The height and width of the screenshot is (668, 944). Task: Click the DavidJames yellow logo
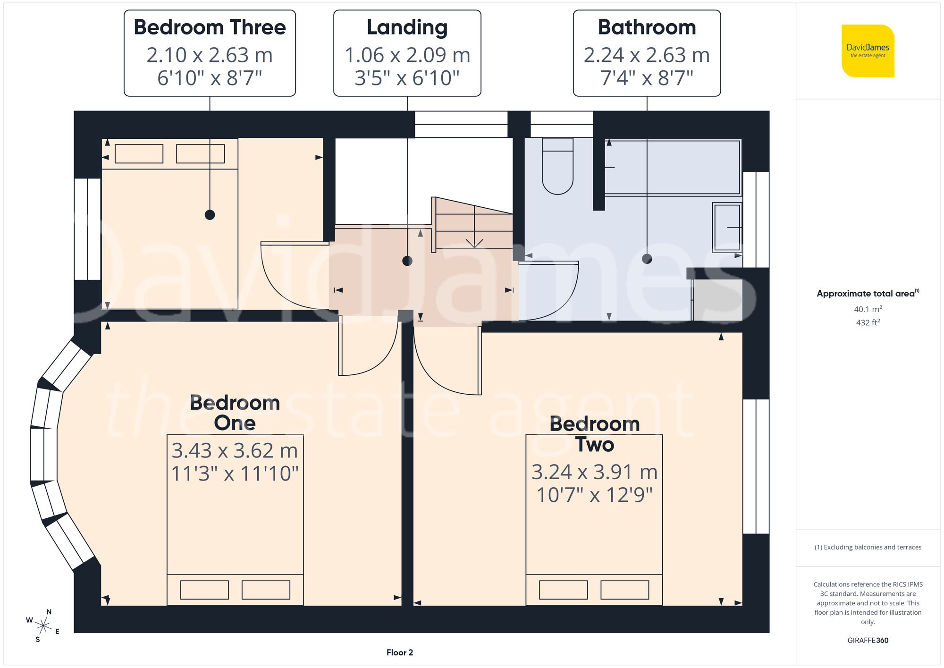click(868, 51)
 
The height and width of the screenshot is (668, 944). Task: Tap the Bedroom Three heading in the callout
click(210, 27)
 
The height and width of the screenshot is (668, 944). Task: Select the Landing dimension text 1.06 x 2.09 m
click(407, 55)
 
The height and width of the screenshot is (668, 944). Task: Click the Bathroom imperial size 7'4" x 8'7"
click(647, 78)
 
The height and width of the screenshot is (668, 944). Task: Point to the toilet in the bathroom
click(557, 168)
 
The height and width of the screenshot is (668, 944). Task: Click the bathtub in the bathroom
click(672, 167)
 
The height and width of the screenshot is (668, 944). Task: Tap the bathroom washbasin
click(727, 227)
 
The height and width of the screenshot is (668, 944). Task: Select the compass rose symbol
click(43, 626)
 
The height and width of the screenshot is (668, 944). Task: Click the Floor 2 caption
click(399, 652)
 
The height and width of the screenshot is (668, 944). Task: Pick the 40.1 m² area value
click(868, 309)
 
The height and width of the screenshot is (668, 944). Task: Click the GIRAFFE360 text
click(868, 641)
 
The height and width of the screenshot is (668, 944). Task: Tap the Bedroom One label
click(235, 413)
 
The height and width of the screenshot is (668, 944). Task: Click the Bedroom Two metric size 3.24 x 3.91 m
click(594, 472)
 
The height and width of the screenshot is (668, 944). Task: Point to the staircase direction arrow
click(474, 242)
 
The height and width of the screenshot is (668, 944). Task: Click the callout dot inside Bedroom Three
click(210, 215)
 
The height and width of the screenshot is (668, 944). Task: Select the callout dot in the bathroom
click(647, 259)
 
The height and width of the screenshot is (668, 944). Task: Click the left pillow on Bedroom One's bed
click(204, 590)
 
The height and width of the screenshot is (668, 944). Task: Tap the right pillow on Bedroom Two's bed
click(624, 590)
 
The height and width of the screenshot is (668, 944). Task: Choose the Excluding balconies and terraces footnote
click(868, 547)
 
